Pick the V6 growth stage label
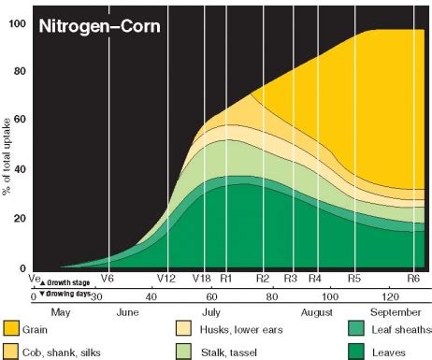pyautogui.click(x=108, y=279)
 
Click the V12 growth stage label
pyautogui.click(x=166, y=279)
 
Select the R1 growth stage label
pyautogui.click(x=225, y=279)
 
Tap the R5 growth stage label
pyautogui.click(x=354, y=279)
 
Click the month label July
pyautogui.click(x=211, y=312)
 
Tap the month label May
pyautogui.click(x=59, y=312)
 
